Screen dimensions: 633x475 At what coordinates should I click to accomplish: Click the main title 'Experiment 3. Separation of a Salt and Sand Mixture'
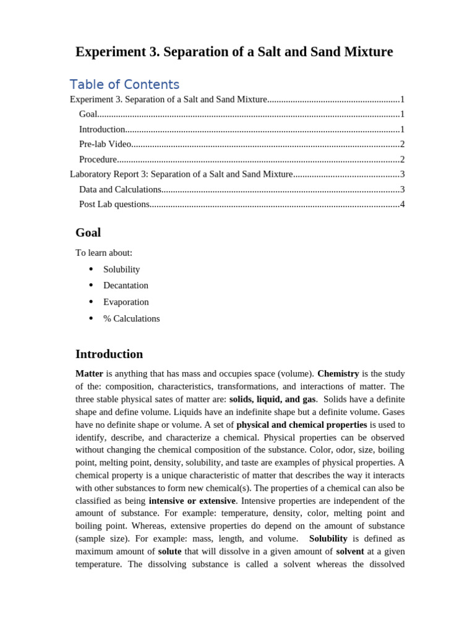234,52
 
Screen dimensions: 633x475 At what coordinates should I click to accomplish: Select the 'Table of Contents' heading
124,85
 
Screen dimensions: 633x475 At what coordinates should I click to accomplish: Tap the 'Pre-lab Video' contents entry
105,144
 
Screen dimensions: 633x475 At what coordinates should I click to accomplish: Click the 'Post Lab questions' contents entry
114,204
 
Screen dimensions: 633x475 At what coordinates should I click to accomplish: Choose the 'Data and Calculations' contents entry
120,189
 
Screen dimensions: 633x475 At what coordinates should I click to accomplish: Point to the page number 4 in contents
403,204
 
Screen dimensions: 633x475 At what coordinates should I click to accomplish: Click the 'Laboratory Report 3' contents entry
181,174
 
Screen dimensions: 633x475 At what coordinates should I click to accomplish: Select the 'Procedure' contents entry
98,159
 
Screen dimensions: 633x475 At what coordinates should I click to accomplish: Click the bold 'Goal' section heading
88,233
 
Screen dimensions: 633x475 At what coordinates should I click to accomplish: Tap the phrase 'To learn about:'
104,253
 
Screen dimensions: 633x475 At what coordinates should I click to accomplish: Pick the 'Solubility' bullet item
122,270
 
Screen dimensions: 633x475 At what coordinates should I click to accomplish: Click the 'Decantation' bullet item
126,286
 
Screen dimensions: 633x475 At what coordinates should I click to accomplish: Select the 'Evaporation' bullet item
126,302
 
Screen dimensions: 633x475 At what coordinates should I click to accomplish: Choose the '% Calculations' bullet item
131,319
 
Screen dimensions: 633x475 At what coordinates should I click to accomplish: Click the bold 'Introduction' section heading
109,354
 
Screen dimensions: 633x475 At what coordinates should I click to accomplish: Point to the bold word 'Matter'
89,373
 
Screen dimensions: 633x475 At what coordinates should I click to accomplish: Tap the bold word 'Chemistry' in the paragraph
338,373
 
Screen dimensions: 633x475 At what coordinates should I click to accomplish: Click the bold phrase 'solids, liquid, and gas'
272,399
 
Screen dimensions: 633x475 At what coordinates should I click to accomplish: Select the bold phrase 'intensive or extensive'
192,501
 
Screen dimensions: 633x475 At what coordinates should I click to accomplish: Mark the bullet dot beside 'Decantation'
91,286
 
